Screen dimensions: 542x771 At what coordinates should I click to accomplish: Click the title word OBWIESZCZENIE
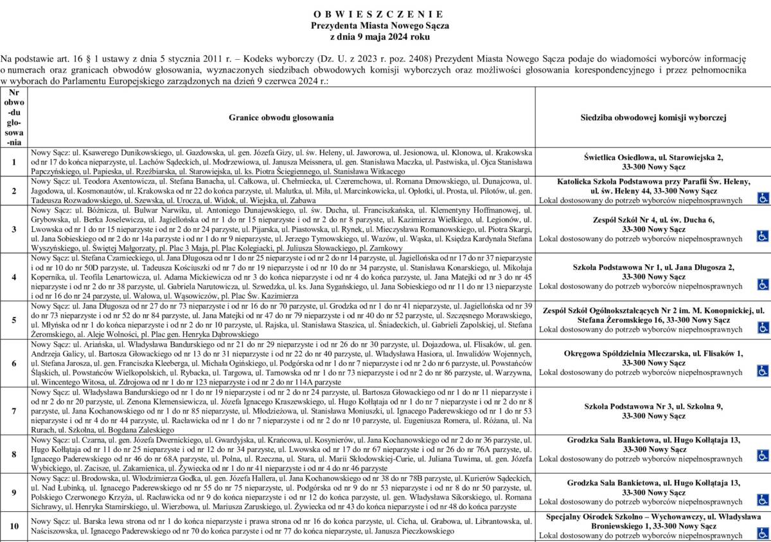click(379, 14)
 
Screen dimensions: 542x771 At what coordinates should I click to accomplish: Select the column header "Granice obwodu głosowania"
click(281, 118)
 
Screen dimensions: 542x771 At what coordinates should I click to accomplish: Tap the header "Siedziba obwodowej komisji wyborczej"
click(653, 118)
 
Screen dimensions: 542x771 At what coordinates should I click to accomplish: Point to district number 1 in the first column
click(14, 162)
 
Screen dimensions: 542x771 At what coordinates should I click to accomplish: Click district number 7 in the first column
click(14, 411)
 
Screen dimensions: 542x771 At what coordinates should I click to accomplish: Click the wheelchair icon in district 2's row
click(763, 199)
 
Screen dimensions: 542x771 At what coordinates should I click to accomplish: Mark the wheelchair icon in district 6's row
click(763, 370)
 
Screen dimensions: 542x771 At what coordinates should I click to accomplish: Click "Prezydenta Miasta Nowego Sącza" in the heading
click(379, 26)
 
